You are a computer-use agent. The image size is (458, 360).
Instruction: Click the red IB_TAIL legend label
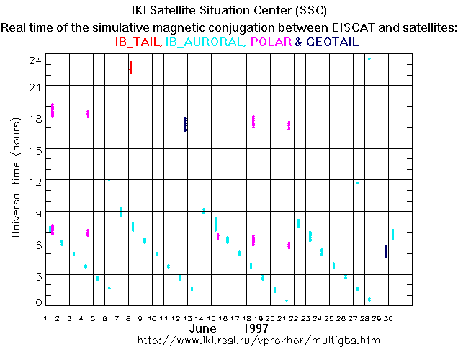coord(139,42)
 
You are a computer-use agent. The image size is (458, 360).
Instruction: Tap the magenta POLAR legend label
coord(270,42)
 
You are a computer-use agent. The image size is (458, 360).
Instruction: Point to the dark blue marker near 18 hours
coord(185,124)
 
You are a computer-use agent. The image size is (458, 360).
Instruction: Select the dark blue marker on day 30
coord(386,251)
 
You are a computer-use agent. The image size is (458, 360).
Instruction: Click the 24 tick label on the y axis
coord(32,62)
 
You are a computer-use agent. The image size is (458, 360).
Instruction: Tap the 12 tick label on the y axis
coord(32,180)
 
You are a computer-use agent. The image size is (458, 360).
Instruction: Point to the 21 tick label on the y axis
coord(32,86)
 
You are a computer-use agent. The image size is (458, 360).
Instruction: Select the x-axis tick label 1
coord(46,318)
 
